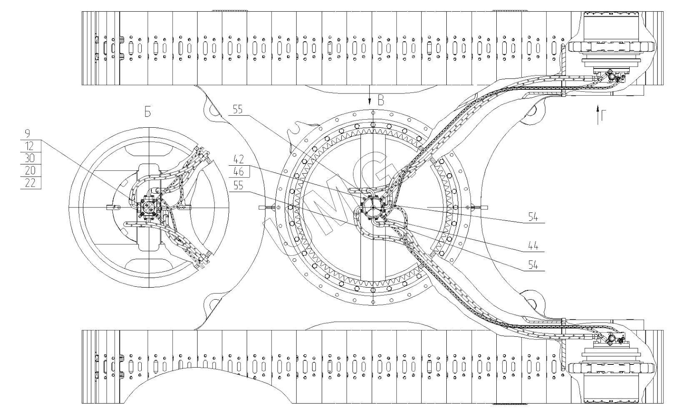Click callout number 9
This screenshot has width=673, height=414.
tap(28, 134)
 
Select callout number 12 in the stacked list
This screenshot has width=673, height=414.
tap(29, 146)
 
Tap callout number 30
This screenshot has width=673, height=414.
tap(30, 158)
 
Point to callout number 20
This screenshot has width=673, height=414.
tap(30, 171)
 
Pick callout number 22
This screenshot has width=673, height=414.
tap(30, 183)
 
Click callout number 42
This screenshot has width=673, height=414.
tap(238, 159)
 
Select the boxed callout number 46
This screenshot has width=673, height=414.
tap(238, 172)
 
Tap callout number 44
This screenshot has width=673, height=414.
tap(533, 246)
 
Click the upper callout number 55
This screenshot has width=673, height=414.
tap(238, 109)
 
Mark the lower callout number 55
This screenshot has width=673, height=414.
tap(238, 186)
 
